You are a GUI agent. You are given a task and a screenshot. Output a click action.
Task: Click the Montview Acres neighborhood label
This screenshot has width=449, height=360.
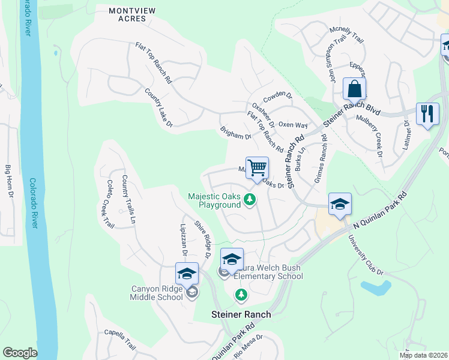(x=128, y=14)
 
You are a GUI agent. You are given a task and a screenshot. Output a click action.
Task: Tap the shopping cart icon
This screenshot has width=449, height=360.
(x=257, y=167)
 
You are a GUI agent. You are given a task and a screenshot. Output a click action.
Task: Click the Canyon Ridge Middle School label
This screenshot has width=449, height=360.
(x=157, y=292)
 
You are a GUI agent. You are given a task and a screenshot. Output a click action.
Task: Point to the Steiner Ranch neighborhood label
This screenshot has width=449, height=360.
(x=241, y=314)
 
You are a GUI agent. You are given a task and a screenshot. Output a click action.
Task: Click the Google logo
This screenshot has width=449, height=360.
(x=20, y=352)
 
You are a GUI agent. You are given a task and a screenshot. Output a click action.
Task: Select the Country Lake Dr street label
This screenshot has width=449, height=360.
(x=158, y=108)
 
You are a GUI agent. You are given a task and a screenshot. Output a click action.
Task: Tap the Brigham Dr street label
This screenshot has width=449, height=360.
(x=235, y=133)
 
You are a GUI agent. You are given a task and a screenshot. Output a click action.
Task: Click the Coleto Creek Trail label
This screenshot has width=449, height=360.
(x=109, y=204)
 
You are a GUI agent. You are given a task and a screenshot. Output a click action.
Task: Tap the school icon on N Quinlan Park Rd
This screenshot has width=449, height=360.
(x=339, y=205)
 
